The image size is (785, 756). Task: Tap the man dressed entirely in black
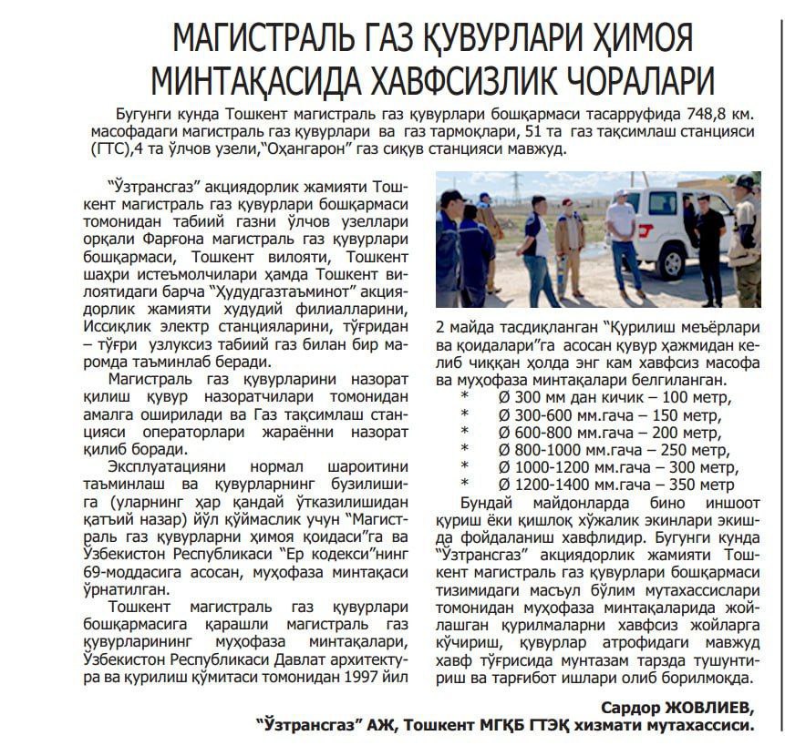point(708,246)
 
